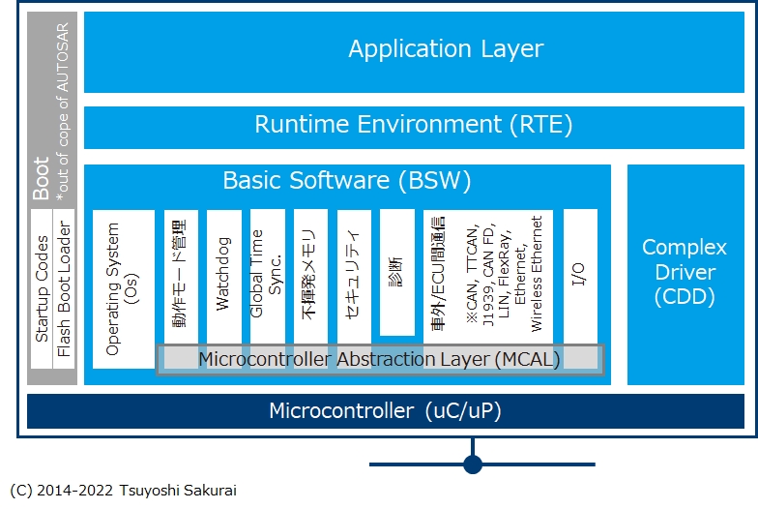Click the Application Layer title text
point(446,48)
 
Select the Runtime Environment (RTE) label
point(413,125)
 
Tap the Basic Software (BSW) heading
point(346,180)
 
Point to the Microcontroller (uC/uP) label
point(385,410)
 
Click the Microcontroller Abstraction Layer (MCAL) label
point(379,359)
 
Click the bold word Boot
point(42,178)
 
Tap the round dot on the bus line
point(473,464)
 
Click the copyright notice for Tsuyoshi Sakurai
point(122,491)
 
